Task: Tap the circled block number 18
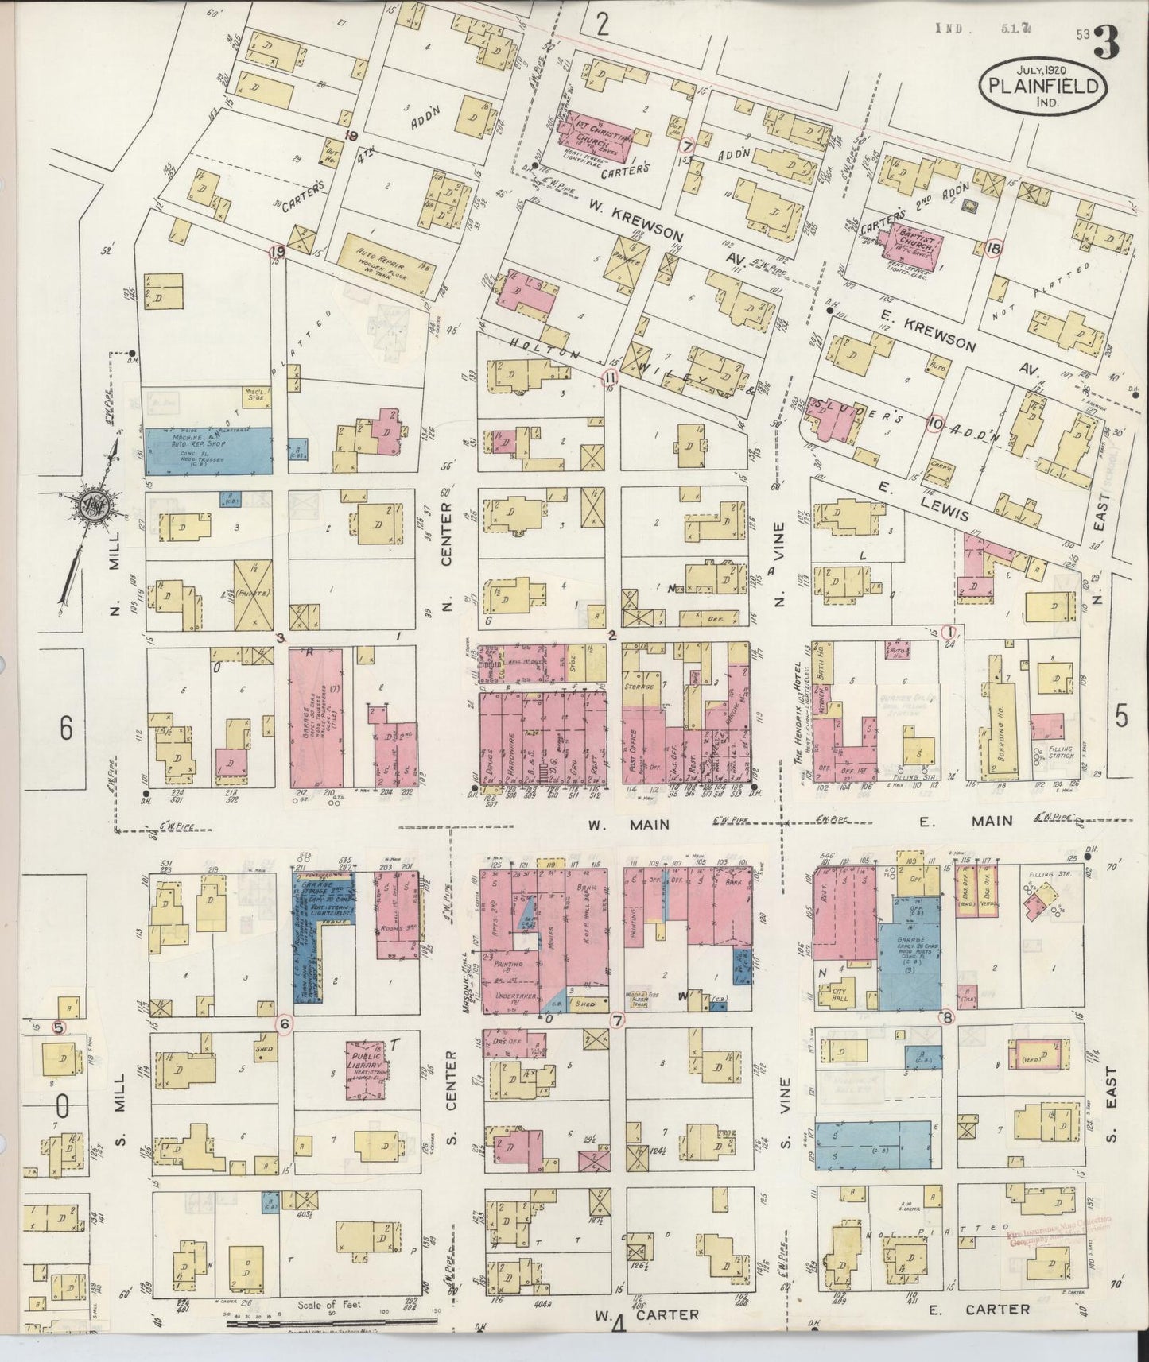pos(993,248)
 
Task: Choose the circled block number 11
pos(610,376)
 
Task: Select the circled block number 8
pos(946,1016)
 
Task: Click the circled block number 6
pos(283,1024)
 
